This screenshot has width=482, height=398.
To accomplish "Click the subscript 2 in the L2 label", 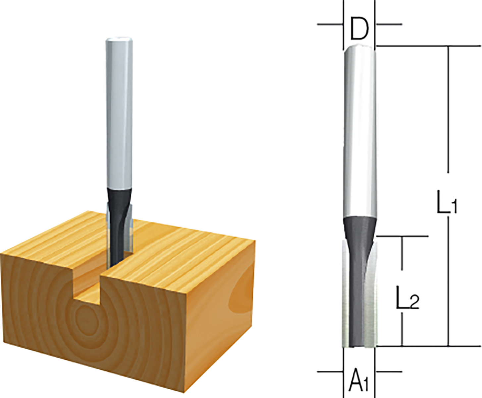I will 414,302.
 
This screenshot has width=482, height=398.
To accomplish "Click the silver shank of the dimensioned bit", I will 359,133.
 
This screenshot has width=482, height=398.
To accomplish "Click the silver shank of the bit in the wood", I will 119,116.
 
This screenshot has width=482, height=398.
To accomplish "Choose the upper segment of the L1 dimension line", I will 448,109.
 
